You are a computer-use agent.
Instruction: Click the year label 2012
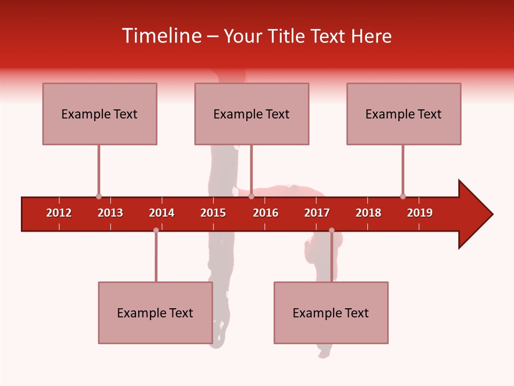tap(59, 213)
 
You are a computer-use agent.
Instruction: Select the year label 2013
tap(110, 213)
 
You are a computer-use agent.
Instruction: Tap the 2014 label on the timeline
tap(162, 213)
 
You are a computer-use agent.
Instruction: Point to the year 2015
tap(213, 213)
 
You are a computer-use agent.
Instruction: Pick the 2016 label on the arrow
tap(266, 213)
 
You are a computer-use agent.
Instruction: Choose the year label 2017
tap(317, 213)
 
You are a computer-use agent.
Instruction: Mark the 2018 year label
tap(368, 213)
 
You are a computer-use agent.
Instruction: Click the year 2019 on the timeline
tap(420, 213)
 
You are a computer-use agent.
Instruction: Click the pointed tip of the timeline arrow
tap(491, 214)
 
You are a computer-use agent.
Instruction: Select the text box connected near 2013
tap(100, 114)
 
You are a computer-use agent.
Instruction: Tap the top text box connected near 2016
tap(252, 114)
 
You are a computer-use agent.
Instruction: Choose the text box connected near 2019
tap(404, 114)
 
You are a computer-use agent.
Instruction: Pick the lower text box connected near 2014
tap(155, 313)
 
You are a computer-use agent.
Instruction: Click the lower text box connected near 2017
tap(331, 313)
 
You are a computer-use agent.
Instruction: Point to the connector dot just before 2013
tap(99, 196)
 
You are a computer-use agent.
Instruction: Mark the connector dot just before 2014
tap(156, 230)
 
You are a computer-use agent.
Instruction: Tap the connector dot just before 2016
tap(251, 196)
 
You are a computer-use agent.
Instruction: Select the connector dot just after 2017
tap(331, 230)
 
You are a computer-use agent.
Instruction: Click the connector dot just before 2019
tap(403, 196)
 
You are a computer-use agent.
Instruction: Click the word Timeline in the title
tap(161, 36)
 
